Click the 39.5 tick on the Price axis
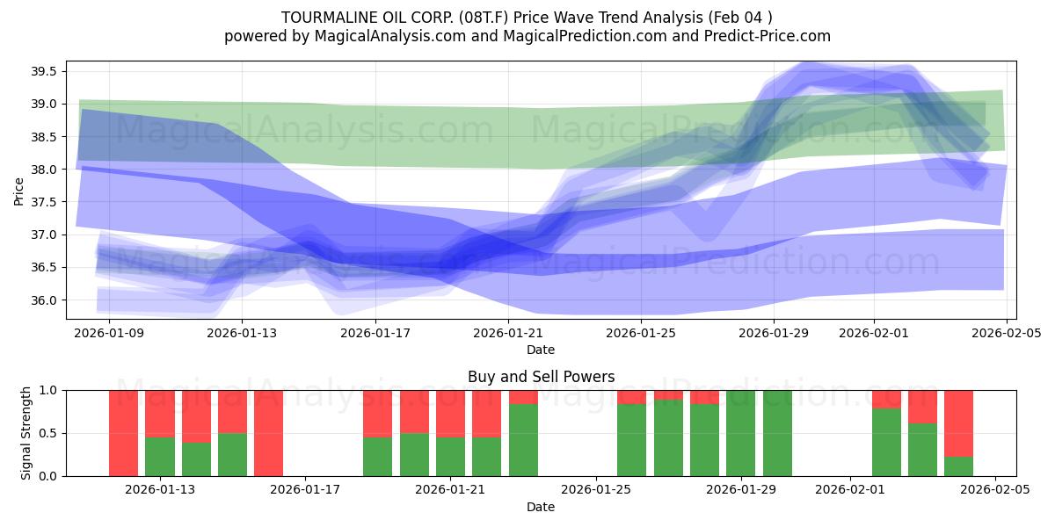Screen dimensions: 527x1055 coord(45,71)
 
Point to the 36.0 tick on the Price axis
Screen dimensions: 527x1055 coord(45,300)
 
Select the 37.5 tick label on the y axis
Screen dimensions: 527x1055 coord(45,202)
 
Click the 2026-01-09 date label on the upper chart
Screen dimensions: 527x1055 coord(109,334)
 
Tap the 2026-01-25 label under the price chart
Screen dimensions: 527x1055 coord(640,334)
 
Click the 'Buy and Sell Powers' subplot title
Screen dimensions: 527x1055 coord(541,377)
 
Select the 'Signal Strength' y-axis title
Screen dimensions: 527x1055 coord(26,433)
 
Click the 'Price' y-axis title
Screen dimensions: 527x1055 coord(19,191)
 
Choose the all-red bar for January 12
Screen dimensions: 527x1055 coord(123,433)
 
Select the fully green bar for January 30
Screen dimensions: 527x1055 coord(777,433)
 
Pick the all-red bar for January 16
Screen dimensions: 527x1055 coord(268,433)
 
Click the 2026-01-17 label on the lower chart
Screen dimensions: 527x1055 coord(305,489)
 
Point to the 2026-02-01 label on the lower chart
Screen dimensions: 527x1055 coord(850,489)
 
